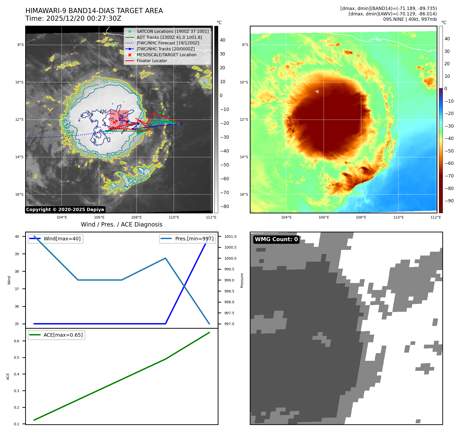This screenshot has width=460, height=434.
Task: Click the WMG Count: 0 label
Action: (x=276, y=239)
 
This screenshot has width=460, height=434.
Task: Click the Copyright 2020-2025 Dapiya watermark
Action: (x=65, y=210)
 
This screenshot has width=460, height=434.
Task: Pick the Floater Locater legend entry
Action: (x=152, y=61)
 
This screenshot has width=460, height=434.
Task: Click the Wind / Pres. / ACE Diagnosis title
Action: (x=122, y=224)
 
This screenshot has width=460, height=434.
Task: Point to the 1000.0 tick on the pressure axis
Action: (x=230, y=258)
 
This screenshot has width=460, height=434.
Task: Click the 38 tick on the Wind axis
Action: (x=17, y=271)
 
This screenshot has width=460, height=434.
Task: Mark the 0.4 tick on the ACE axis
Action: (x=17, y=374)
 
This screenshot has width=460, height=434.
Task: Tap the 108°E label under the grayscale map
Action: (x=137, y=217)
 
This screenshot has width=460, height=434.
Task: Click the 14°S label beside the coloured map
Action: (x=244, y=157)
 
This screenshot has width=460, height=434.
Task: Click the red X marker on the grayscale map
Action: (x=114, y=122)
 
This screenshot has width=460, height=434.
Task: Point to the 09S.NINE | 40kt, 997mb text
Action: (x=410, y=19)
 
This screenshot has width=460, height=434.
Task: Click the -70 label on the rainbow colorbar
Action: (x=449, y=176)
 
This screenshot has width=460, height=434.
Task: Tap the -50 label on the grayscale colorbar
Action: (x=224, y=165)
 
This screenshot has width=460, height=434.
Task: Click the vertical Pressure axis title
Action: (x=242, y=280)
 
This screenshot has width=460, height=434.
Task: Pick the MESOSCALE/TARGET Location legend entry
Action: (x=166, y=55)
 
